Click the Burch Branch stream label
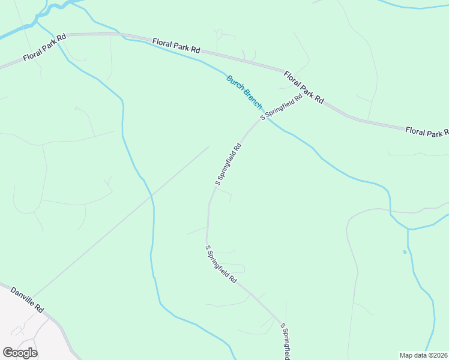[x=244, y=92]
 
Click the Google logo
[x=20, y=353]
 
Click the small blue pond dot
[x=405, y=252]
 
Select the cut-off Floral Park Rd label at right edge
[x=427, y=131]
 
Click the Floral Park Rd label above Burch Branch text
[x=176, y=47]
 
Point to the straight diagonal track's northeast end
[x=209, y=146]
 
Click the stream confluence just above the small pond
[x=408, y=229]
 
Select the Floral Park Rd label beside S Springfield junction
[x=304, y=88]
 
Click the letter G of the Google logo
[x=8, y=353]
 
